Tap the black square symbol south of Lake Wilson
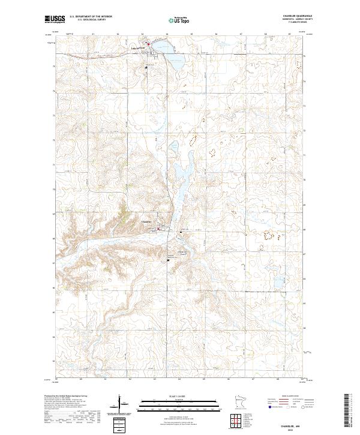[145, 67]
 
